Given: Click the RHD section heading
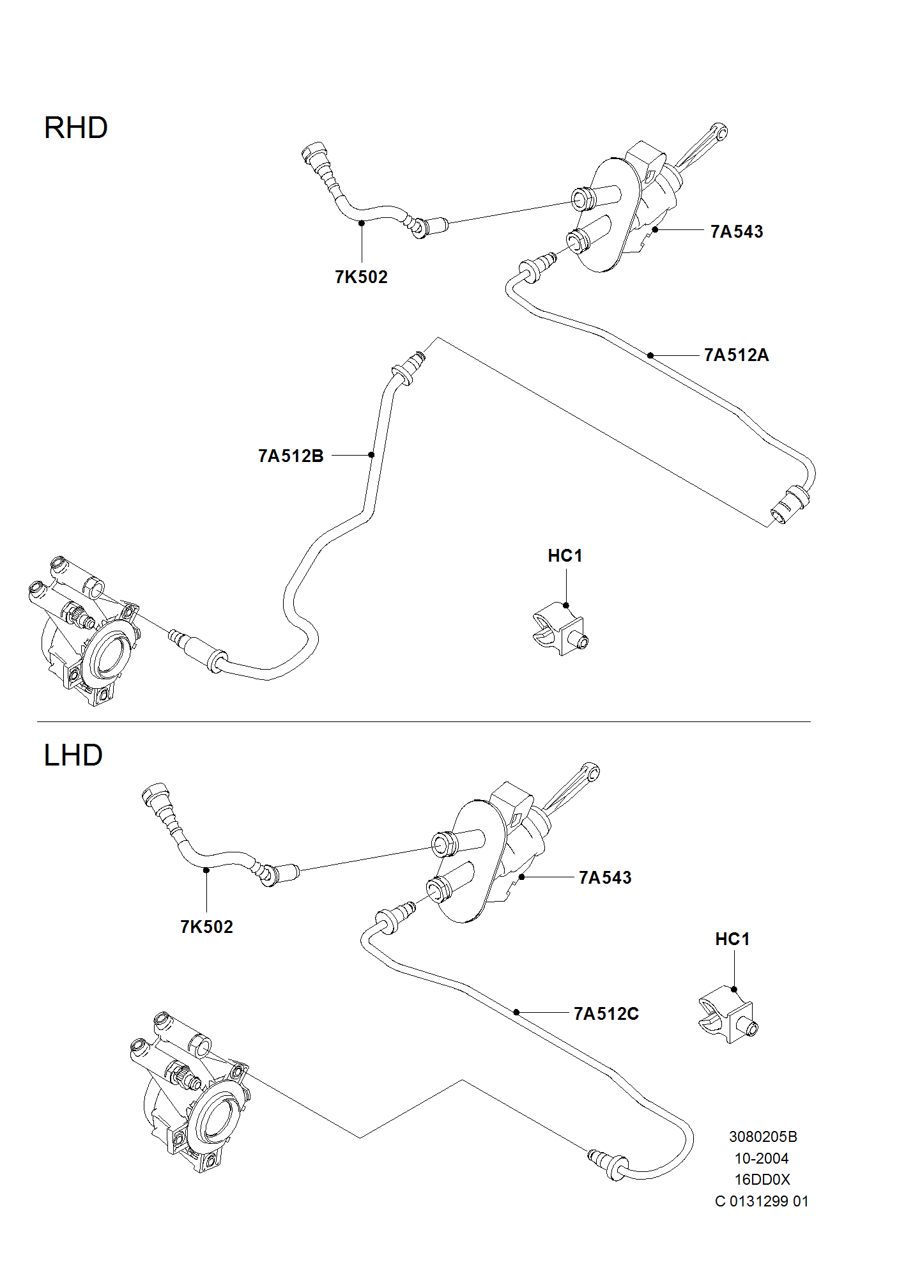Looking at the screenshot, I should tap(75, 128).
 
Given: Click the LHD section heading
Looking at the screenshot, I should tap(73, 755).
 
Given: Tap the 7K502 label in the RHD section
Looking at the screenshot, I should tap(361, 277).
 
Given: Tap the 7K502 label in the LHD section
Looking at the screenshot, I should tap(206, 927).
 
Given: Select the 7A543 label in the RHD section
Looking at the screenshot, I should tap(737, 231).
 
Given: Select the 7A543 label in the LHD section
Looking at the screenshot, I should tap(605, 877).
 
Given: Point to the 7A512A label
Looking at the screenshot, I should tap(736, 355).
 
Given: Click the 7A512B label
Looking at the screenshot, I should tap(291, 456).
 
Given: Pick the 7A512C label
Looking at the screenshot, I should tap(606, 1013).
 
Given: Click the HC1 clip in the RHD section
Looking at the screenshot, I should tap(559, 630).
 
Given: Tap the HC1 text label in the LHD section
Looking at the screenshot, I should tap(732, 939).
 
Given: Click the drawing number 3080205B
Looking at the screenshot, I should tap(763, 1137).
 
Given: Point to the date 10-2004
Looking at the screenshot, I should tap(762, 1159).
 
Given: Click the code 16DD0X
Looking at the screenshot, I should tap(762, 1180).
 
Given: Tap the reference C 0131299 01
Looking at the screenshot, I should tap(762, 1201).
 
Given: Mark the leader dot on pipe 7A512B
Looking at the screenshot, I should tap(371, 455).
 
